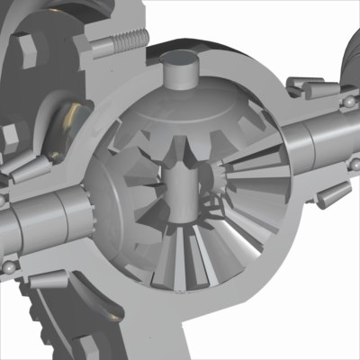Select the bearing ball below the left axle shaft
click(7, 267)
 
